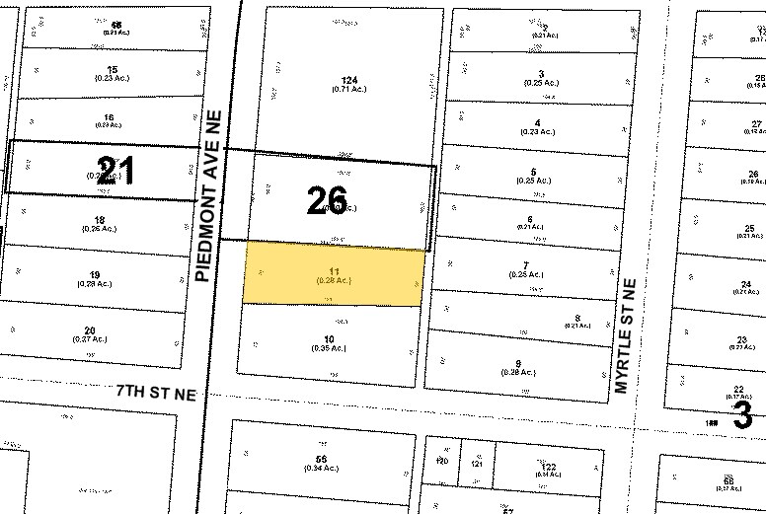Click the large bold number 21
tap(115, 171)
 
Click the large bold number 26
tap(327, 202)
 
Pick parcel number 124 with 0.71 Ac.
tap(346, 79)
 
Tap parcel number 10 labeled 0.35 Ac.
tap(329, 340)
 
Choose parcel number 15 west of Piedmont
tap(113, 70)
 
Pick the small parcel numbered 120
tap(442, 461)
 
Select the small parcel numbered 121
tap(477, 461)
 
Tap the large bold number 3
tap(743, 415)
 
